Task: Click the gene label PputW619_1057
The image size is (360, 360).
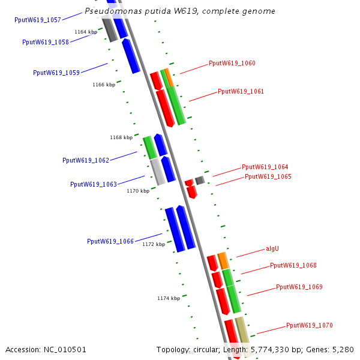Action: pyautogui.click(x=37, y=20)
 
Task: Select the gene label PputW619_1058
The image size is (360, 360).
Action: pyautogui.click(x=46, y=42)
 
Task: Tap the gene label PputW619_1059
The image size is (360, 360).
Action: pyautogui.click(x=56, y=73)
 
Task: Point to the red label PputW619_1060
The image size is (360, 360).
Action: pyautogui.click(x=232, y=63)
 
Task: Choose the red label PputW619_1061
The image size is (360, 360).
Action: pyautogui.click(x=241, y=91)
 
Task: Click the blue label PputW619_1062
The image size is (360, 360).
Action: pyautogui.click(x=86, y=160)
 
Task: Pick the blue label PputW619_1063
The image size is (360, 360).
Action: pyautogui.click(x=94, y=184)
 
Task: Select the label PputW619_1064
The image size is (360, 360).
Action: pyautogui.click(x=265, y=167)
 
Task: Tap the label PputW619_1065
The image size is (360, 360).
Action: pyautogui.click(x=268, y=176)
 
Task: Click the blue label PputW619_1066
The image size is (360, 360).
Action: pyautogui.click(x=110, y=241)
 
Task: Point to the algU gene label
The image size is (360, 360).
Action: pyautogui.click(x=272, y=248)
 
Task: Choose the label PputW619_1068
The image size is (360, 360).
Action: pyautogui.click(x=293, y=265)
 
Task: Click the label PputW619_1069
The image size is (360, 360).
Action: pyautogui.click(x=299, y=287)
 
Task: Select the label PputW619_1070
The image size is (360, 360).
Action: pyautogui.click(x=309, y=325)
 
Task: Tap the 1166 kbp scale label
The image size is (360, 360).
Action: pyautogui.click(x=104, y=85)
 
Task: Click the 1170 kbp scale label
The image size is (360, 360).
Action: pyautogui.click(x=138, y=191)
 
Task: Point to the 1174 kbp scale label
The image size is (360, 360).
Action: pyautogui.click(x=169, y=298)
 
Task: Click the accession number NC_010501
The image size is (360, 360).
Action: pyautogui.click(x=46, y=349)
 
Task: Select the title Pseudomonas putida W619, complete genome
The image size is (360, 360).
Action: pyautogui.click(x=180, y=11)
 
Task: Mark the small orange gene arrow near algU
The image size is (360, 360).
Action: pyautogui.click(x=223, y=260)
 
